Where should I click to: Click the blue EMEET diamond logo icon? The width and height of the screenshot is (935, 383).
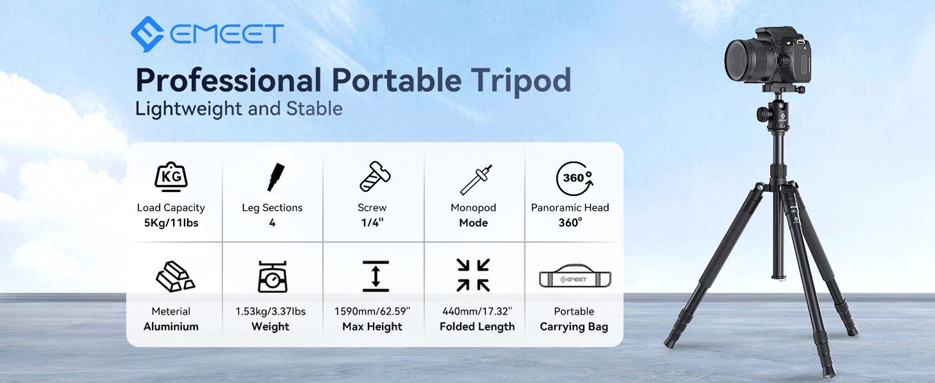coord(148,34)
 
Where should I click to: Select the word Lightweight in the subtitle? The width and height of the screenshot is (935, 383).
coord(188,109)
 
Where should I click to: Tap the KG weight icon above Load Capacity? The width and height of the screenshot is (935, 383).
coord(171,177)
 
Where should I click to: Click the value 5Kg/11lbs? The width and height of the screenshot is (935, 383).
coord(171,223)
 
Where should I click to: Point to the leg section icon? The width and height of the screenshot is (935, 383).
coord(276,177)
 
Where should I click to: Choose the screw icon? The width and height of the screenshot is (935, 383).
coord(375,176)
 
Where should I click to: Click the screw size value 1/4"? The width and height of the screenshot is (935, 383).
coord(372,222)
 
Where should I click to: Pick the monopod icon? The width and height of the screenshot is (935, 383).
coord(476,179)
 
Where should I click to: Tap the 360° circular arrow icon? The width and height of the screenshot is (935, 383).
coord(574,179)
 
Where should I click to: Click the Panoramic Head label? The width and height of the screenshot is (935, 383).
coord(570,207)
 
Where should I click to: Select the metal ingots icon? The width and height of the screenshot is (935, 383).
coord(175,276)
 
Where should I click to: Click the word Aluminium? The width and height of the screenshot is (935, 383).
coord(171,326)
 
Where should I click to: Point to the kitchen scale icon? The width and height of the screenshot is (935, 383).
coord(273,276)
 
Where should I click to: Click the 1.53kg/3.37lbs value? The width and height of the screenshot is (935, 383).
coord(271,312)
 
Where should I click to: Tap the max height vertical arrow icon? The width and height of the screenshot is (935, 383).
coord(376,276)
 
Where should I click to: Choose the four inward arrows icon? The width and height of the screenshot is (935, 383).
coord(473,275)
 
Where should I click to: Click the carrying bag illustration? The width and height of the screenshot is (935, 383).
coord(575,277)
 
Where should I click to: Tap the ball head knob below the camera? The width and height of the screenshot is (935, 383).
coord(763,112)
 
